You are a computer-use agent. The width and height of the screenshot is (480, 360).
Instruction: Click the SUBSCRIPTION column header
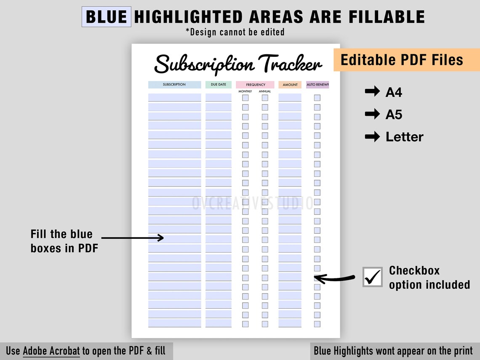pyautogui.click(x=174, y=85)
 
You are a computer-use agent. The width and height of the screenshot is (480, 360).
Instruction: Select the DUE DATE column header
pyautogui.click(x=219, y=85)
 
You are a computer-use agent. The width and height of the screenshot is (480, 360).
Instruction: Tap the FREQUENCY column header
pyautogui.click(x=256, y=85)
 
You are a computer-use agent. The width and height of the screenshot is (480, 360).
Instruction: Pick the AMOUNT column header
pyautogui.click(x=290, y=85)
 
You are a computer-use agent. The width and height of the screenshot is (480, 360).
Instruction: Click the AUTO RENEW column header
pyautogui.click(x=317, y=85)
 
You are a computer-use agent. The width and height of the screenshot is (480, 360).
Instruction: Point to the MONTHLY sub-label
pyautogui.click(x=245, y=91)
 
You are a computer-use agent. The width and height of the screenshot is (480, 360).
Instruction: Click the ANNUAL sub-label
pyautogui.click(x=265, y=91)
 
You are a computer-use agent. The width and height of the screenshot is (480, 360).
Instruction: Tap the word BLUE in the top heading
pyautogui.click(x=106, y=17)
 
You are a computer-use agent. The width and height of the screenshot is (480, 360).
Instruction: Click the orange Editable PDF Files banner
pyautogui.click(x=402, y=60)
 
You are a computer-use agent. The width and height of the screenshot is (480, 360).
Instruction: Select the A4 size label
pyautogui.click(x=394, y=92)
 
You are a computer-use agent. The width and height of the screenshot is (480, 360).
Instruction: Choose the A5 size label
pyautogui.click(x=394, y=115)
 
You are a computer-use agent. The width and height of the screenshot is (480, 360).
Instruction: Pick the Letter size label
pyautogui.click(x=404, y=137)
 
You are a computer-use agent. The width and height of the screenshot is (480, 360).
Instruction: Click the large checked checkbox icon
pyautogui.click(x=373, y=277)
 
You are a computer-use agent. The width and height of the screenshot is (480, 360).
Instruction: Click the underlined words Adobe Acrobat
pyautogui.click(x=51, y=351)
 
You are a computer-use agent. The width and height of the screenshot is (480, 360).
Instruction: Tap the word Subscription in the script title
pyautogui.click(x=205, y=64)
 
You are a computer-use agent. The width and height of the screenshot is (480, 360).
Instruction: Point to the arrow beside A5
pyautogui.click(x=372, y=114)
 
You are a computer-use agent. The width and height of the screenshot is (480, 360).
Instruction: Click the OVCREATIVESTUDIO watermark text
pyautogui.click(x=253, y=203)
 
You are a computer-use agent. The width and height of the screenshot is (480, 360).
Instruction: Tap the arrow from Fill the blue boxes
pyautogui.click(x=133, y=238)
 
